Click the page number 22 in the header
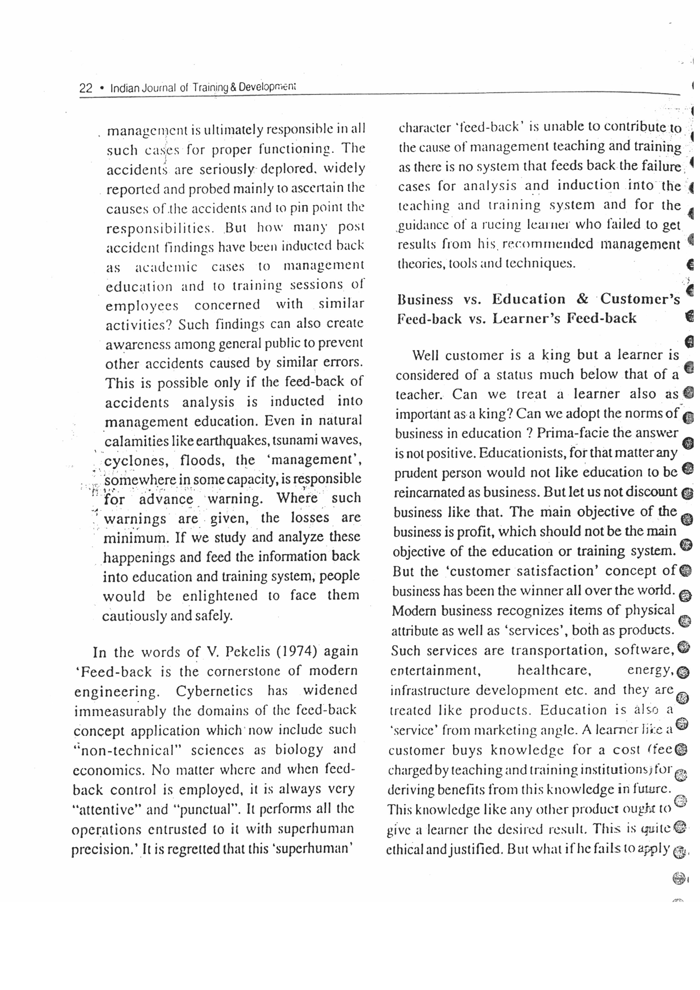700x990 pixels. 86,88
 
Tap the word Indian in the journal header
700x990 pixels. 125,88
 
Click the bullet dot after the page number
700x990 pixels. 101,88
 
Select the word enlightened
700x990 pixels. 220,596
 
